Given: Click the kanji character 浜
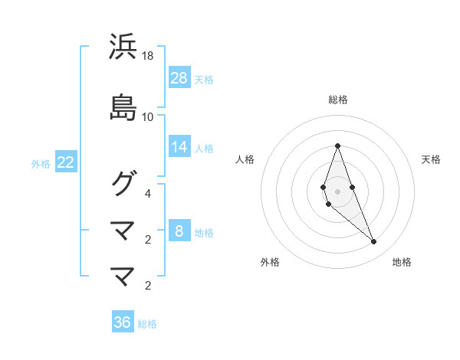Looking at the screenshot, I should (123, 47).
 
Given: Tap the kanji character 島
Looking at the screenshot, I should (123, 107).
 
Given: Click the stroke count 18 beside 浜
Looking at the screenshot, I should (148, 56).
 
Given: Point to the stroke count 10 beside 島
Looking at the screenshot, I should (148, 117).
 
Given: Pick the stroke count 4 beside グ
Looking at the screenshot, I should (149, 193).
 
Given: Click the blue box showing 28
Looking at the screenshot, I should (179, 78).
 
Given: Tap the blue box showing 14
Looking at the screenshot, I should (179, 147).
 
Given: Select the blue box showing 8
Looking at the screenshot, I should (179, 231).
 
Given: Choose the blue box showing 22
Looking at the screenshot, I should (66, 162).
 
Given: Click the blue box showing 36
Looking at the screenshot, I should (123, 322).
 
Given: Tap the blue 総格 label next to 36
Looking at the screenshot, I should (147, 324).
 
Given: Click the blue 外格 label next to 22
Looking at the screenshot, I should (41, 163).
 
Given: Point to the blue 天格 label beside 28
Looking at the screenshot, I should (204, 79).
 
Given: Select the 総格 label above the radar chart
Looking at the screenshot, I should (337, 100).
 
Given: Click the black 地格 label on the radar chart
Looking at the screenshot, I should (402, 262).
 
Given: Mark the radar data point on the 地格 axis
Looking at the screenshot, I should (373, 241).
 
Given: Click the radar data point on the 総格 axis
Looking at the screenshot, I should (337, 146).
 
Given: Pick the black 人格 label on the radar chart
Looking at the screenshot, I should (245, 159).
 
